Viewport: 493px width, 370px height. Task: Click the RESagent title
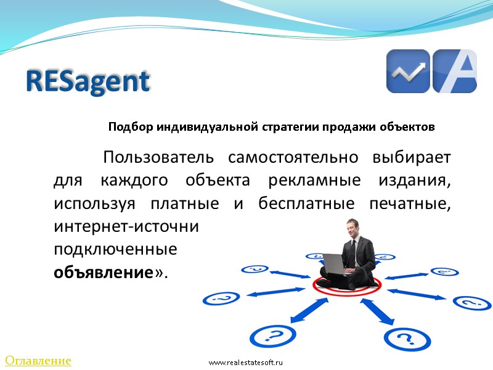pyautogui.click(x=88, y=81)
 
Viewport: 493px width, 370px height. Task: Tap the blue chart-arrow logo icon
pyautogui.click(x=407, y=72)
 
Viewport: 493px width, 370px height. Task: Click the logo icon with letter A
pyautogui.click(x=455, y=72)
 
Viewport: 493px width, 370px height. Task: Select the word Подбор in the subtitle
pyautogui.click(x=130, y=128)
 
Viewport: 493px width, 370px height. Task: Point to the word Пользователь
pyautogui.click(x=159, y=157)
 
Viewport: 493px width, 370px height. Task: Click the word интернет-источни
pyautogui.click(x=127, y=226)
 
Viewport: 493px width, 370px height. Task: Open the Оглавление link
pyautogui.click(x=38, y=360)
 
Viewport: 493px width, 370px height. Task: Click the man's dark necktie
pyautogui.click(x=356, y=250)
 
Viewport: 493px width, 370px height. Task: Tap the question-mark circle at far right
pyautogui.click(x=471, y=303)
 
